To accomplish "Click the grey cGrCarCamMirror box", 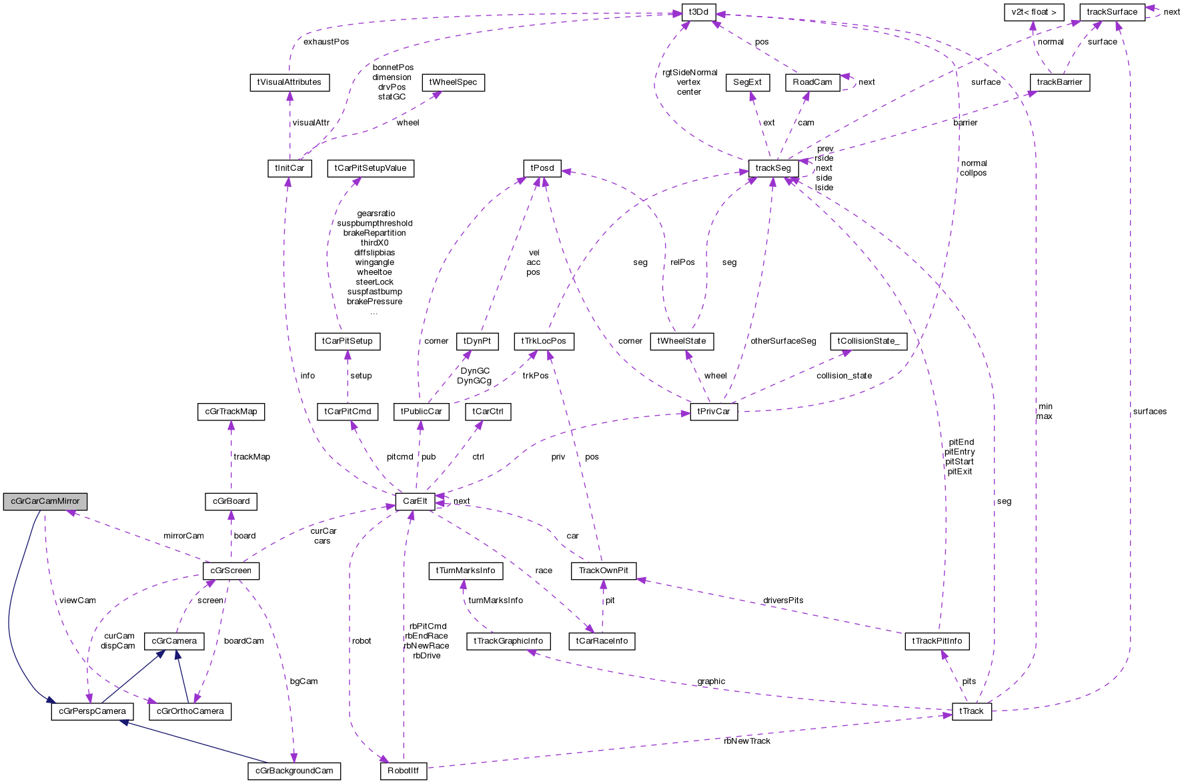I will tap(45, 501).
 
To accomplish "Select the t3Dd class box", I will tap(698, 12).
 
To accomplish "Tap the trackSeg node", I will tap(773, 168).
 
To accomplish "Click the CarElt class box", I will tap(415, 501).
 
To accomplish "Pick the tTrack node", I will tap(971, 711).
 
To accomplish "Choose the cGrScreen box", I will tap(231, 571).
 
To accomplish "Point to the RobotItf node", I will tap(403, 771).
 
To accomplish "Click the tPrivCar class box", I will tap(714, 412).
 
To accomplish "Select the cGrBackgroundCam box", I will tap(294, 771).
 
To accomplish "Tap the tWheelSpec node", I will tap(453, 83).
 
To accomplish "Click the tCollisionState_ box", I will tap(868, 342).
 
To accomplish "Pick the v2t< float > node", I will tap(1033, 12).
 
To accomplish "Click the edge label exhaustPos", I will tap(326, 42).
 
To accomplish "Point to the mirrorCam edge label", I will tap(183, 536).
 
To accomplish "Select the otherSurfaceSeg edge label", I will tap(783, 341).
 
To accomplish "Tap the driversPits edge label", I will tap(783, 601).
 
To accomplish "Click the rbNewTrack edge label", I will tap(746, 741).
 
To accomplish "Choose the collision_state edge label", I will tap(844, 376).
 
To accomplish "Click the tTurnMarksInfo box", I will tap(466, 571).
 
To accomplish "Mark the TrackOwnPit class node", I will tap(604, 571).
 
